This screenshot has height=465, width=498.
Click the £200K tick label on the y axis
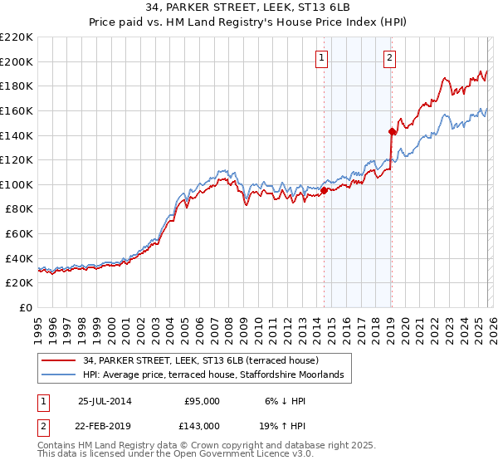[x=17, y=61]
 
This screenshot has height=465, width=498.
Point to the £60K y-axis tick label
[x=19, y=234]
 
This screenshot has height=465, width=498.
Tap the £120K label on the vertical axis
[x=17, y=160]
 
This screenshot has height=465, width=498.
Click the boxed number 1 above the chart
[x=321, y=57]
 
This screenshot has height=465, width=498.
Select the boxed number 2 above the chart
[x=388, y=57]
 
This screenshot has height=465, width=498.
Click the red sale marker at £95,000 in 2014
[x=324, y=190]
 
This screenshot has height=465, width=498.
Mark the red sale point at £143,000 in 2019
[x=391, y=131]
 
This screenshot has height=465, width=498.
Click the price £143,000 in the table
[x=202, y=425]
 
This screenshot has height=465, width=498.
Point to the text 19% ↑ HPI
[x=277, y=425]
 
